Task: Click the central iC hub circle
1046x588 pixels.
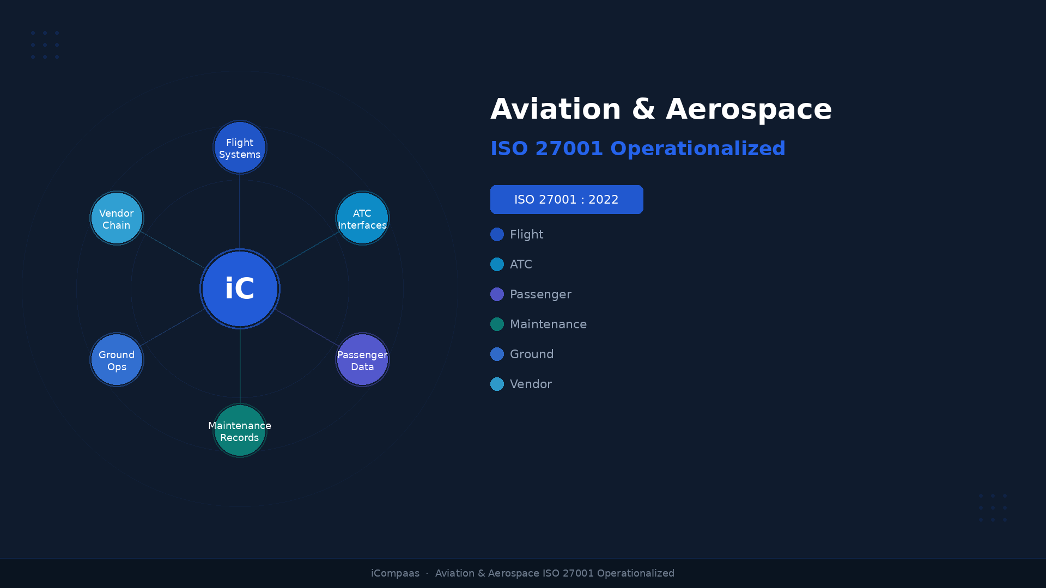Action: click(240, 289)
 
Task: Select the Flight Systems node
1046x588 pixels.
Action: click(240, 147)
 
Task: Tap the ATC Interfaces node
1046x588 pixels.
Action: click(362, 218)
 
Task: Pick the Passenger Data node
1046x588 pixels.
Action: click(362, 360)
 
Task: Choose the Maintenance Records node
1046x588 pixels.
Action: click(240, 431)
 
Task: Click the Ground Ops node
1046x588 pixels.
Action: click(117, 360)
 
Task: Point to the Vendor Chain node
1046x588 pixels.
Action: click(117, 218)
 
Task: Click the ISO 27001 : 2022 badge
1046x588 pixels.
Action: click(567, 200)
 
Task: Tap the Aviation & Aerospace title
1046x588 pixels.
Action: click(661, 109)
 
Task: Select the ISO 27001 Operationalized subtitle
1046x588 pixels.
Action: click(637, 149)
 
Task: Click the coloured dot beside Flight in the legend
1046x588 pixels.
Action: click(497, 235)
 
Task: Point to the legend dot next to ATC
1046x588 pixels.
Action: click(497, 265)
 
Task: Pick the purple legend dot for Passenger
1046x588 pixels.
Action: click(497, 295)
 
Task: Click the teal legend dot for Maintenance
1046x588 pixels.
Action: click(497, 324)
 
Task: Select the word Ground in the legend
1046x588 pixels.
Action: click(532, 354)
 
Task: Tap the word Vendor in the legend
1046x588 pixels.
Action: click(531, 384)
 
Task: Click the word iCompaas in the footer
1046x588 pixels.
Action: click(395, 573)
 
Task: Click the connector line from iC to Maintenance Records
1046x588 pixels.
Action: click(240, 366)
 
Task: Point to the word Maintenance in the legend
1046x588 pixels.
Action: click(548, 324)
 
